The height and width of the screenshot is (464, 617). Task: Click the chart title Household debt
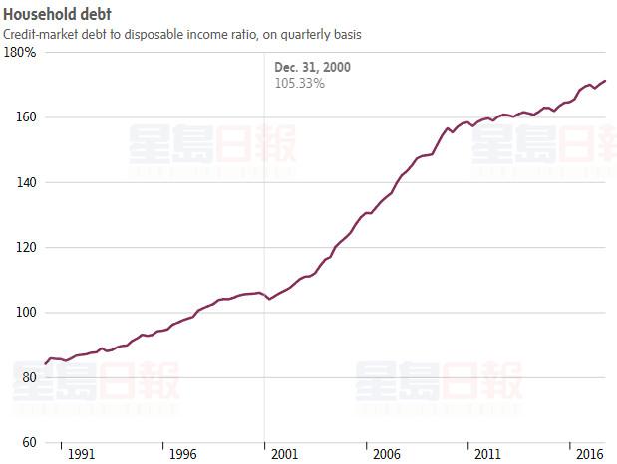point(57,15)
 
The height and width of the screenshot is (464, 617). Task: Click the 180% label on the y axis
point(21,52)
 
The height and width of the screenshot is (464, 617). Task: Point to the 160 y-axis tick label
point(27,116)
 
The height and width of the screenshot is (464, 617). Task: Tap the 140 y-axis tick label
point(27,182)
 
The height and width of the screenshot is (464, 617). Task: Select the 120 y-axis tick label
point(27,247)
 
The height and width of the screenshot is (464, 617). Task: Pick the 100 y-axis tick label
point(27,312)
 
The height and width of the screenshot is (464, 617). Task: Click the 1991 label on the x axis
point(81,454)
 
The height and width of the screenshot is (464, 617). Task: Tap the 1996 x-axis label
point(182,454)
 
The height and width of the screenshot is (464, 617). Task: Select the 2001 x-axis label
point(284,454)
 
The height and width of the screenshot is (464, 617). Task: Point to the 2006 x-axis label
point(386,454)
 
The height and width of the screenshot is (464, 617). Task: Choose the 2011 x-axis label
point(487,454)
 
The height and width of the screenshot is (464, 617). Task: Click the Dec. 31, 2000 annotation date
point(312,67)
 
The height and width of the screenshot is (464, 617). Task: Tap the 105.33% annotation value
point(299,83)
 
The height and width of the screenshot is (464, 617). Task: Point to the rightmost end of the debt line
point(605,81)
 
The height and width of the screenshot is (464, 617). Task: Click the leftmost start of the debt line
point(45,363)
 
